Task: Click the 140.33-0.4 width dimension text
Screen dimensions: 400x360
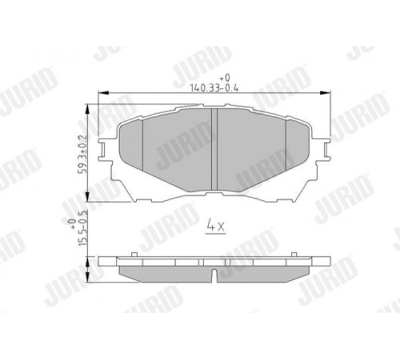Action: (x=214, y=88)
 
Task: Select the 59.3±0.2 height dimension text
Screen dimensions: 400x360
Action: (x=82, y=154)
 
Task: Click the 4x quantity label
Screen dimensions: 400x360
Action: (x=216, y=226)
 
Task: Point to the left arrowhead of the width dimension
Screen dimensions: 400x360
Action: (x=104, y=93)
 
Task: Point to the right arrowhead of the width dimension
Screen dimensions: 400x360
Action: (x=325, y=93)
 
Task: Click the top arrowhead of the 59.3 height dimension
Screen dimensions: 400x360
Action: (x=87, y=110)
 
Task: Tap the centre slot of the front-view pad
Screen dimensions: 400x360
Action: (x=214, y=150)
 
